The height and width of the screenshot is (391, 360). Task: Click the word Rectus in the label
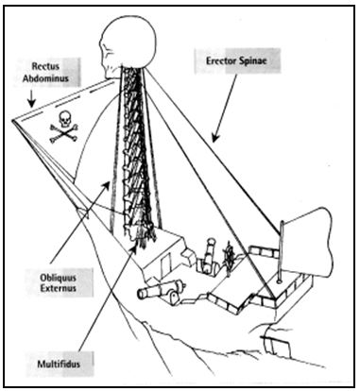[45, 66]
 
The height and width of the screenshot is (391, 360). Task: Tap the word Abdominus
[45, 77]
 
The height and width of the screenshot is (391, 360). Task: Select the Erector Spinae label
[236, 61]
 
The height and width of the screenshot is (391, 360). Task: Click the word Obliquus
[58, 278]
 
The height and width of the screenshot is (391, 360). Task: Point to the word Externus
[58, 288]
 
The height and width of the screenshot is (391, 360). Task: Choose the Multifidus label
[59, 365]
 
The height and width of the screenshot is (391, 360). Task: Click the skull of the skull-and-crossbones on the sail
[65, 119]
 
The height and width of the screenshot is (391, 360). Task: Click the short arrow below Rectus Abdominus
[31, 98]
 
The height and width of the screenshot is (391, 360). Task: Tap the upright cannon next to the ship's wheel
[208, 256]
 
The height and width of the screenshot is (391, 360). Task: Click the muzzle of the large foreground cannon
[143, 293]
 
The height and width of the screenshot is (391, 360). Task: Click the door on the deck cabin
[165, 265]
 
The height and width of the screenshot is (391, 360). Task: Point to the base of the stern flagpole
[280, 280]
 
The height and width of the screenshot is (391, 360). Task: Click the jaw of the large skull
[111, 72]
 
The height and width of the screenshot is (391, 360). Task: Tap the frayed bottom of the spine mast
[143, 238]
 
